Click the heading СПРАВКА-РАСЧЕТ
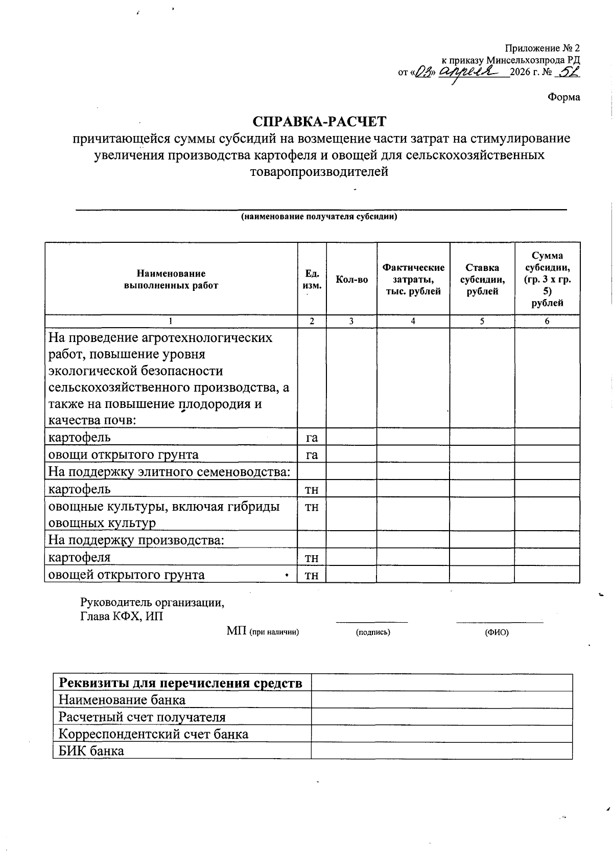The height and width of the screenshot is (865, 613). pyautogui.click(x=320, y=122)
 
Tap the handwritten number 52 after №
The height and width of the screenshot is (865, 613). pyautogui.click(x=568, y=73)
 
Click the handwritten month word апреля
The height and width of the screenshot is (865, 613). pyautogui.click(x=469, y=72)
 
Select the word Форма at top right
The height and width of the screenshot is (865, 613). pyautogui.click(x=564, y=97)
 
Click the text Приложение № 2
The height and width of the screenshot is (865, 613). pyautogui.click(x=543, y=49)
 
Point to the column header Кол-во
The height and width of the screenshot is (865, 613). pyautogui.click(x=351, y=280)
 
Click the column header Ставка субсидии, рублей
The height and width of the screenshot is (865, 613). pyautogui.click(x=482, y=280)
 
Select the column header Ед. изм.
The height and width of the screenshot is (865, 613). pyautogui.click(x=312, y=280)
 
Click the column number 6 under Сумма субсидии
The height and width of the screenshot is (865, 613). pyautogui.click(x=547, y=321)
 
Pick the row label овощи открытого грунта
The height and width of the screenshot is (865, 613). pyautogui.click(x=123, y=454)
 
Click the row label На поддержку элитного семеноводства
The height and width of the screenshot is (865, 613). pyautogui.click(x=169, y=471)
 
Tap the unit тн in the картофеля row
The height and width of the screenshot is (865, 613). pyautogui.click(x=312, y=558)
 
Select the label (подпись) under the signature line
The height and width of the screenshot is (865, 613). pyautogui.click(x=373, y=632)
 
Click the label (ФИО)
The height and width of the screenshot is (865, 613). pyautogui.click(x=497, y=632)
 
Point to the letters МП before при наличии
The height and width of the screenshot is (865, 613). pyautogui.click(x=237, y=631)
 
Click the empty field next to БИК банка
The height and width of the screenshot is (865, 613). pyautogui.click(x=441, y=750)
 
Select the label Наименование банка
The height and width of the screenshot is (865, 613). pyautogui.click(x=122, y=699)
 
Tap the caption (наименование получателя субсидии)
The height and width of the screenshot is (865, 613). pyautogui.click(x=319, y=217)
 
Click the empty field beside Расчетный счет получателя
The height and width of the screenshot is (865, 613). pyautogui.click(x=441, y=717)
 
